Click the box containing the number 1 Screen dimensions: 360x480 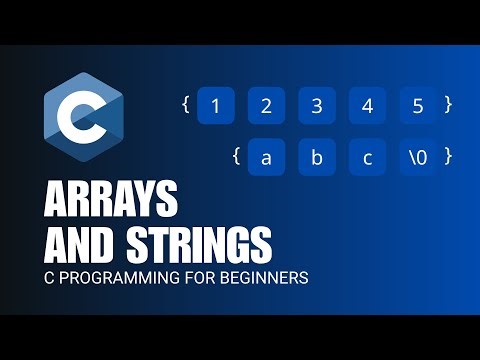point(215,106)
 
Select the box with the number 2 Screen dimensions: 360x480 point(266,106)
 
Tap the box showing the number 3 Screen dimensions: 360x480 point(317,106)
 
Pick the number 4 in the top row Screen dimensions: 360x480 point(367,106)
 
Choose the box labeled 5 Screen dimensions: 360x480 point(417,106)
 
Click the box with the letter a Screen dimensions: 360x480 point(266,156)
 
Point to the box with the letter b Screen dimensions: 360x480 point(317,156)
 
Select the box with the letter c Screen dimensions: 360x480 point(367,156)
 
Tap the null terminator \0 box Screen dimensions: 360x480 point(417,156)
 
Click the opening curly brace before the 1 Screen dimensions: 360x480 point(186,104)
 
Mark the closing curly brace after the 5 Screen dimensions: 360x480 point(450,104)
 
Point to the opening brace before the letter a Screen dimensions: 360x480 point(236,155)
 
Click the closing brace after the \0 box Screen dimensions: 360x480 point(450,155)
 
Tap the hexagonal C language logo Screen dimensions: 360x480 point(82,121)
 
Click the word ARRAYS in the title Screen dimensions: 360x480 point(113,202)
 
